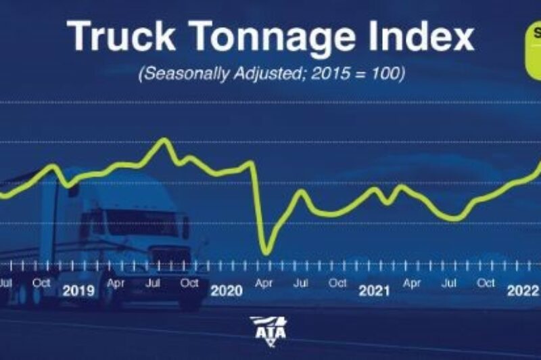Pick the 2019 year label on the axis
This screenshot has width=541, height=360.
tap(78, 291)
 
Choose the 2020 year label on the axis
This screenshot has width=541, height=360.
tap(227, 291)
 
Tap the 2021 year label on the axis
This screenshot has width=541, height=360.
tap(375, 291)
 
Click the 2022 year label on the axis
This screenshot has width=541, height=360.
tap(522, 291)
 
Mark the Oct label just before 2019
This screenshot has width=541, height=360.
tap(41, 283)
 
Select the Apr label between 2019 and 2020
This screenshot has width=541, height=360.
tap(116, 283)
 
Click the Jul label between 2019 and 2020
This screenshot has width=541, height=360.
tap(153, 283)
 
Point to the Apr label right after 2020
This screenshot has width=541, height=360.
tap(264, 283)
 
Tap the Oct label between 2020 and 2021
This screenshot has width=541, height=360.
tap(338, 283)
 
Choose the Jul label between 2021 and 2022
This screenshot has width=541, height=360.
tap(448, 283)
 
